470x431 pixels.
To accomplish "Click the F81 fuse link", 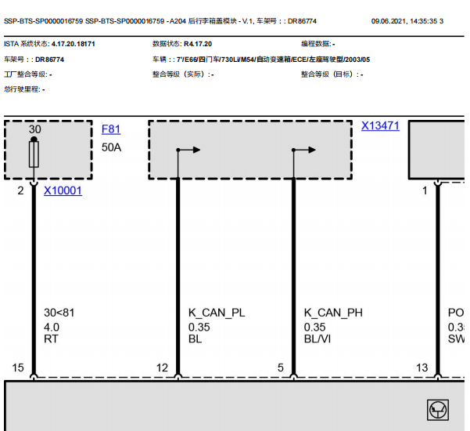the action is pos(111,129).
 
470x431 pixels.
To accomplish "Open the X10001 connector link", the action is pos(63,190).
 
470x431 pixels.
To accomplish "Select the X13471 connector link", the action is pos(380,125).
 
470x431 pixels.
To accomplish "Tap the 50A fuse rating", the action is pos(111,147).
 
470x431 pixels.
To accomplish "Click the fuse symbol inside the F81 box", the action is pos(34,154).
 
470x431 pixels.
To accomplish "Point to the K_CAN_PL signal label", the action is pos(217,313).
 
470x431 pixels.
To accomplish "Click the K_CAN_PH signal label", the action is pos(333,313).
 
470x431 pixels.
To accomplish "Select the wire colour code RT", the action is pos(51,339).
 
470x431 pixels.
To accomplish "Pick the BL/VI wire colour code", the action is pos(318,339).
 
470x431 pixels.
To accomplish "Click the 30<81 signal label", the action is pos(59,313).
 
